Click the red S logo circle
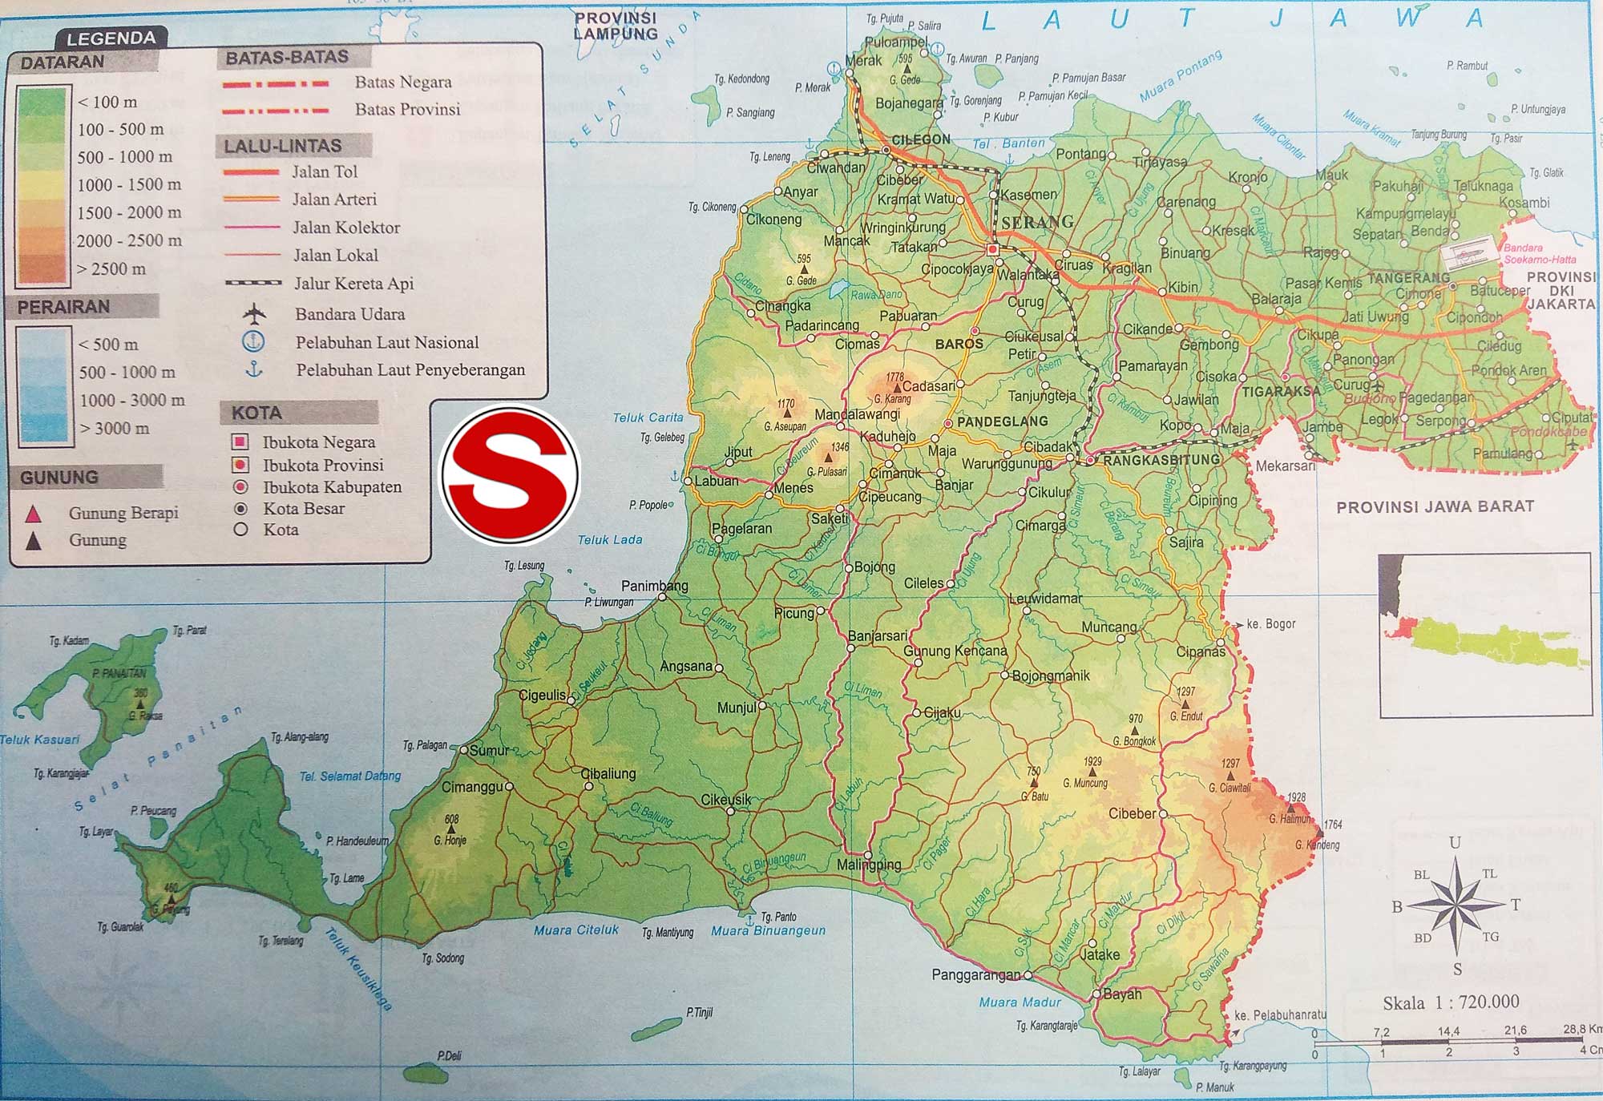coord(510,474)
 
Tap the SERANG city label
coord(1037,222)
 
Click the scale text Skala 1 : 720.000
coord(1451,1002)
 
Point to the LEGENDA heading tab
coord(111,38)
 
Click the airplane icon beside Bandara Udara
coord(254,313)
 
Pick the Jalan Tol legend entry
coord(325,171)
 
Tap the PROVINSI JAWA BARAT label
coord(1435,506)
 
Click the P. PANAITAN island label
coord(119,673)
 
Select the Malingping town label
coord(869,865)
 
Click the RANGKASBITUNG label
coord(1161,460)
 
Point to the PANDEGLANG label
coord(1002,421)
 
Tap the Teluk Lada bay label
coord(610,540)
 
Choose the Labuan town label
coord(716,481)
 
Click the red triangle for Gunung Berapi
coord(34,514)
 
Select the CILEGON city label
coord(921,139)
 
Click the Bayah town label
coord(1121,994)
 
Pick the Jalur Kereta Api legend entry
coord(353,283)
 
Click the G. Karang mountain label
coord(892,399)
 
